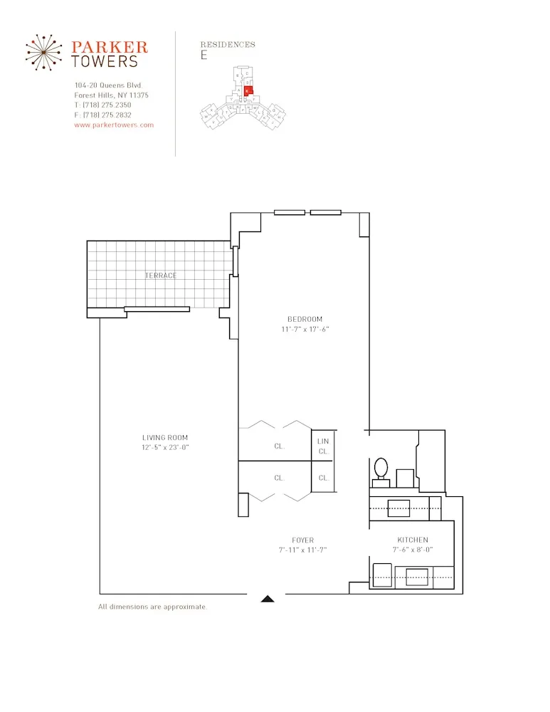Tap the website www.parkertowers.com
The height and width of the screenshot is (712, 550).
(x=114, y=125)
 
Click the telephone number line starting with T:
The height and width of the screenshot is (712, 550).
(x=102, y=105)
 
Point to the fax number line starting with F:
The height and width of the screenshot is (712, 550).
(x=102, y=115)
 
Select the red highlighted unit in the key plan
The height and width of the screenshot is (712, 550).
(x=248, y=91)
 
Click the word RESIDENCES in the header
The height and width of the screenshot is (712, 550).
(x=228, y=44)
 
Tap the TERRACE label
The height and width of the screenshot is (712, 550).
(x=161, y=276)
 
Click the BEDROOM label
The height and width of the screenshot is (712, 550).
(x=305, y=319)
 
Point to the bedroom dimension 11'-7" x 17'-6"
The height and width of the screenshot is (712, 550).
(x=305, y=330)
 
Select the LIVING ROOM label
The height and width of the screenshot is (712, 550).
(x=165, y=438)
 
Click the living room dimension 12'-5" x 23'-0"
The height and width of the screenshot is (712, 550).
(x=165, y=447)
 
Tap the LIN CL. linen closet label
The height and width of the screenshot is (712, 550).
(x=323, y=446)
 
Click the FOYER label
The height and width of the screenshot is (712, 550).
(x=302, y=540)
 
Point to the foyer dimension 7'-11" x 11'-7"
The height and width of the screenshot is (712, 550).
(x=302, y=550)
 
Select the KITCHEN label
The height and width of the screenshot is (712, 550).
(x=413, y=540)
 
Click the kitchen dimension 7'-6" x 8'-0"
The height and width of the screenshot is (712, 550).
(x=413, y=550)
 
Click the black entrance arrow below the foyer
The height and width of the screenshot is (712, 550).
(x=268, y=600)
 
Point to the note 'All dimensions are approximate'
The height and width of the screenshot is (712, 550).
(x=152, y=607)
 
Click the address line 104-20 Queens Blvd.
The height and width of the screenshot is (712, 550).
(x=108, y=85)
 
